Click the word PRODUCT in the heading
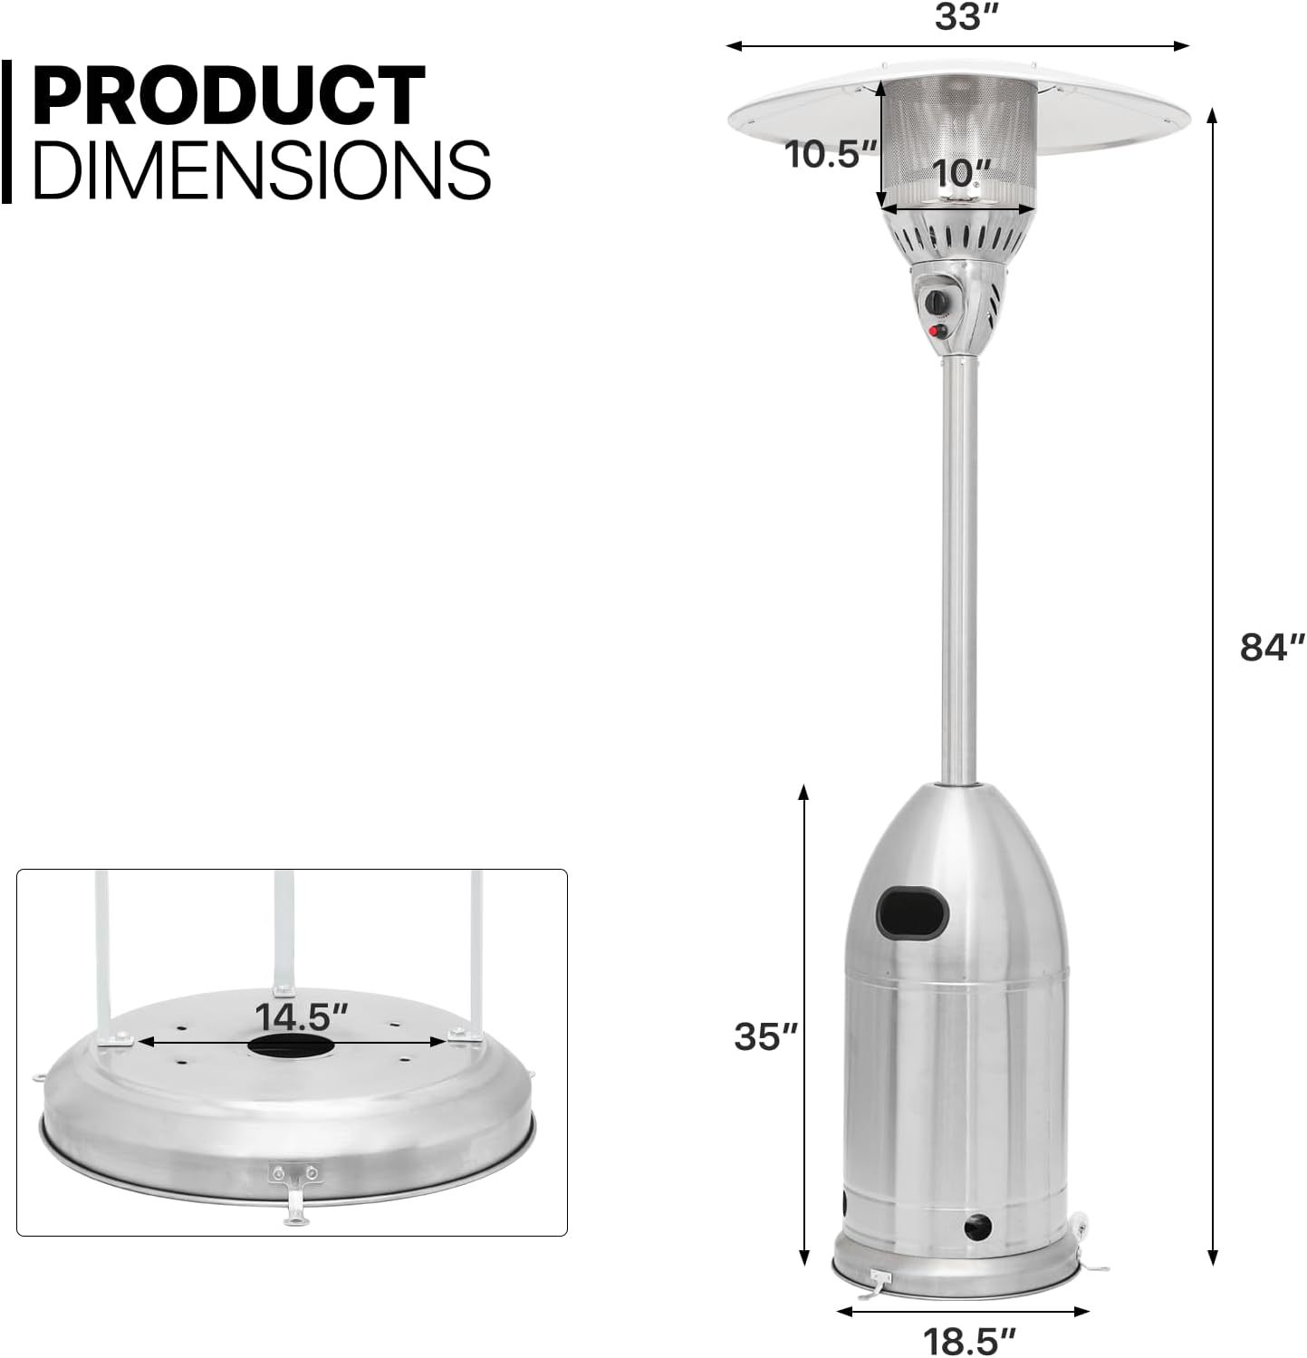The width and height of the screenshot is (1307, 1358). (x=228, y=95)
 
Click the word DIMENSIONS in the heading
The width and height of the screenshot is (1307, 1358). (x=261, y=169)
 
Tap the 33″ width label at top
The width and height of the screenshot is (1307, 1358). (x=959, y=16)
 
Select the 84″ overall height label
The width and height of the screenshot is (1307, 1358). (x=1272, y=648)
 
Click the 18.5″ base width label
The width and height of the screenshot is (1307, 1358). (x=969, y=1340)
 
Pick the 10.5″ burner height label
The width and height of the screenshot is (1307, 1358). (x=831, y=154)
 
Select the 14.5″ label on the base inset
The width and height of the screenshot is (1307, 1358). (x=301, y=1016)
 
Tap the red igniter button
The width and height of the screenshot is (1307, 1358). (x=937, y=332)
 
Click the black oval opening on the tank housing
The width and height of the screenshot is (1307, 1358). (x=912, y=912)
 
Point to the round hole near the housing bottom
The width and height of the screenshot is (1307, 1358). (x=977, y=1228)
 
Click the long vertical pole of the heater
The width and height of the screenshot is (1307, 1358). (x=959, y=571)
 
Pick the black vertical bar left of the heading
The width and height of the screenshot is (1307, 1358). (x=6, y=131)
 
